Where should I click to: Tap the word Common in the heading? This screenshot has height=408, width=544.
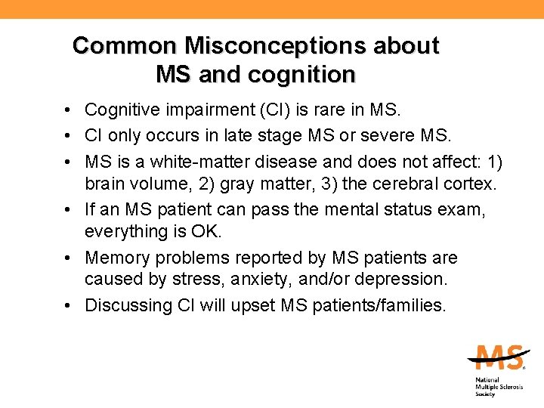coord(125,46)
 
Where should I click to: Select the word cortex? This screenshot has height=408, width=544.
coord(468,184)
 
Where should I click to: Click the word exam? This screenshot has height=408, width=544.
coord(463,209)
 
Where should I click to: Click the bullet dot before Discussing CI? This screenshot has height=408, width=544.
coord(68,306)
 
